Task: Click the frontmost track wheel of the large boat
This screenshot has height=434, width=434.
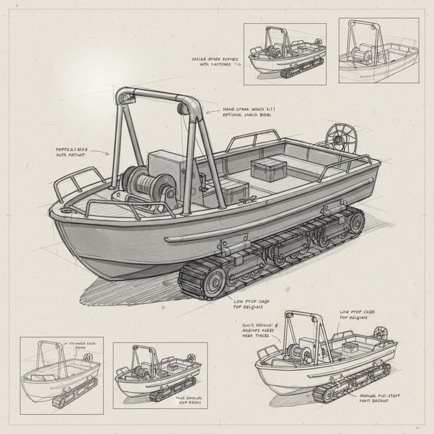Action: (212, 279)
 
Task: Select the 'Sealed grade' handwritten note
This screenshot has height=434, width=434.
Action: (215, 62)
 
